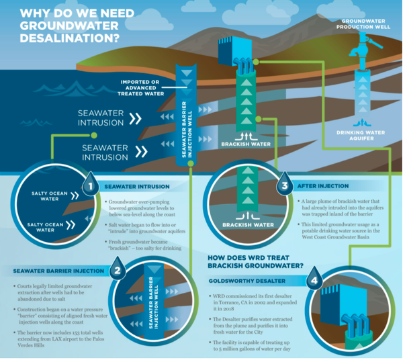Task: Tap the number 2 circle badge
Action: pyautogui.click(x=117, y=271)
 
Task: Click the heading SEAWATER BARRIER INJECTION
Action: pyautogui.click(x=57, y=271)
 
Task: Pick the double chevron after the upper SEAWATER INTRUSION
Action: pyautogui.click(x=136, y=118)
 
